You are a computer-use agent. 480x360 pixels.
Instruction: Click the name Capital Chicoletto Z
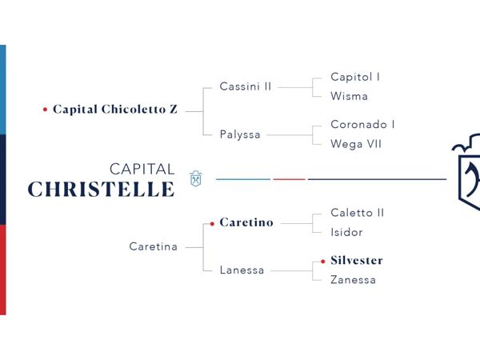point(115,110)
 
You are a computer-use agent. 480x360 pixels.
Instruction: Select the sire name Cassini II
point(246,86)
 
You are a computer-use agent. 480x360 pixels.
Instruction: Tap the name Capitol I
point(355,77)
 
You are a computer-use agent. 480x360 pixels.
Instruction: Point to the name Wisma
point(349,96)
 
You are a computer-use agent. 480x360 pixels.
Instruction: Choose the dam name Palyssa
point(240,134)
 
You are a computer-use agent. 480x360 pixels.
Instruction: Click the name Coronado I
point(362,124)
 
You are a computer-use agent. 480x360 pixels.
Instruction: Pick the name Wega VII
point(356,144)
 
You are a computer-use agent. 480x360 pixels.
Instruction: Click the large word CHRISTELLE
point(102,189)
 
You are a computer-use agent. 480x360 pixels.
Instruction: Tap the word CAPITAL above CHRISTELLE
point(142,170)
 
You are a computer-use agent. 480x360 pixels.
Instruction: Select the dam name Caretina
point(154,246)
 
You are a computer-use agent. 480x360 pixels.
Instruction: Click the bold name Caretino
point(246,222)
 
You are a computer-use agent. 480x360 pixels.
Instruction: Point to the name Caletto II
point(358,213)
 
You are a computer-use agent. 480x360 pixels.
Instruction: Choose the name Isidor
point(346,232)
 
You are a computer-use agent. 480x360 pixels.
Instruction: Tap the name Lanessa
point(242,270)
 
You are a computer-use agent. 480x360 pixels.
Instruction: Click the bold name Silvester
point(357,261)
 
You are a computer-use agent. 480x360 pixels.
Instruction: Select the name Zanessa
point(353,280)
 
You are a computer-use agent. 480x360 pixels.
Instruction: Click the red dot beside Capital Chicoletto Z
point(45,110)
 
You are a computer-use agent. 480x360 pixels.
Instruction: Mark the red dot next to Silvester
point(323,262)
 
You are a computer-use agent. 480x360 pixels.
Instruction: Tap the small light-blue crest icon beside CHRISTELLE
point(196,178)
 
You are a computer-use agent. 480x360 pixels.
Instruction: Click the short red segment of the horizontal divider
point(290,179)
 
